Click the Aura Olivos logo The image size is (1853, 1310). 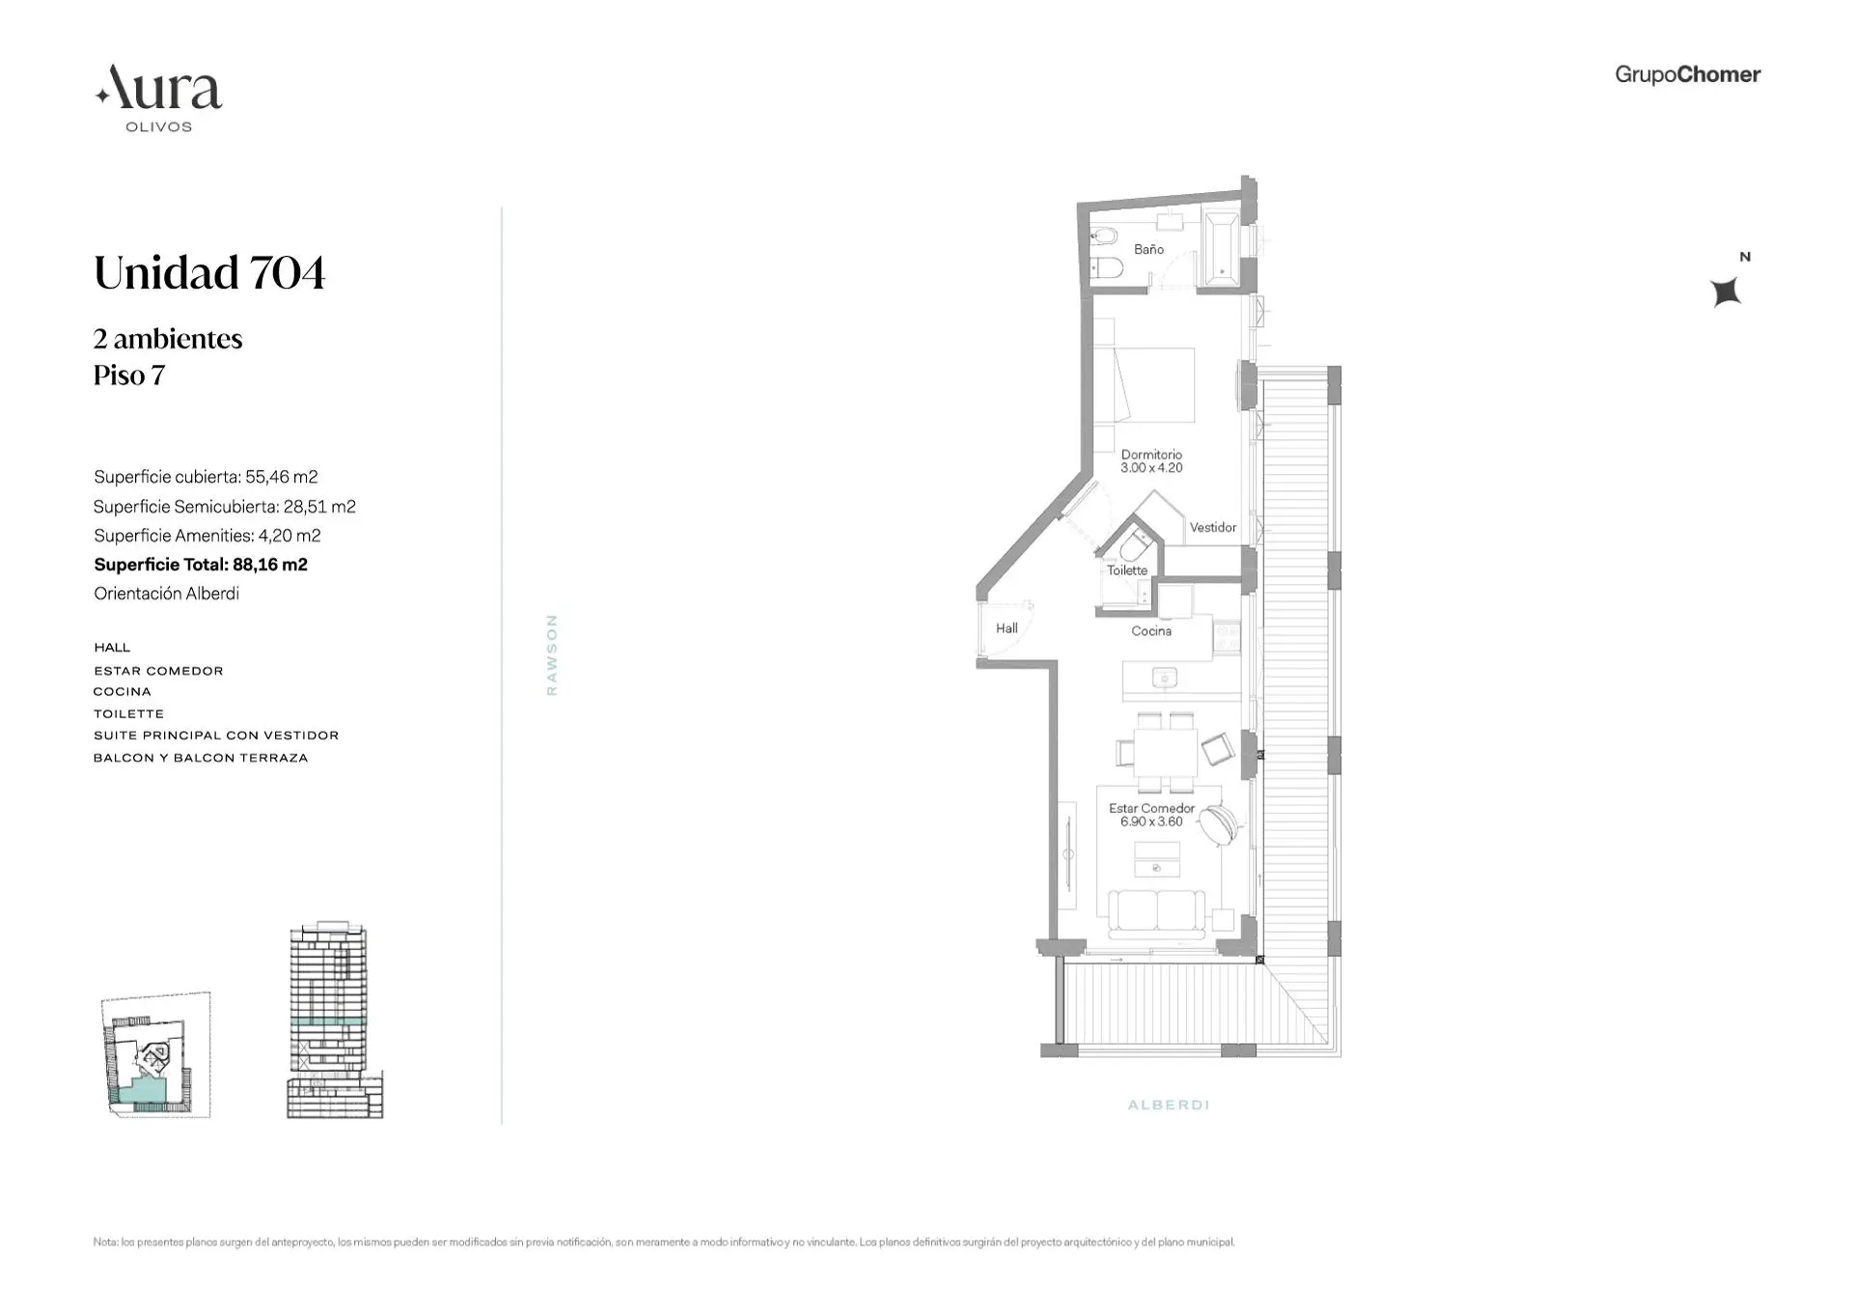[x=159, y=98]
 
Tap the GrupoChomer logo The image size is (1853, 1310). [x=1687, y=74]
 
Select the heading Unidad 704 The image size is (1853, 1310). [x=209, y=272]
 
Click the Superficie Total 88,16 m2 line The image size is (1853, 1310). [x=201, y=565]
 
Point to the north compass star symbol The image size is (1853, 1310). [x=1726, y=291]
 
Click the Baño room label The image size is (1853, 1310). [x=1148, y=249]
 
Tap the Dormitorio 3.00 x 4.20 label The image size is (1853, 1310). [x=1151, y=460]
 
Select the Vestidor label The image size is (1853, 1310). [x=1212, y=527]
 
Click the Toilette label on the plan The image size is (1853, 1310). [x=1126, y=571]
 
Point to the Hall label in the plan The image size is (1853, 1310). [x=1007, y=627]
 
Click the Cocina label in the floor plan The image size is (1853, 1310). [x=1151, y=630]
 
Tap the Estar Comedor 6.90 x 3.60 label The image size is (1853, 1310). [x=1151, y=815]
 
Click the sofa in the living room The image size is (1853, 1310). [x=1156, y=913]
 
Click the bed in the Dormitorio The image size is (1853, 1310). [x=1153, y=385]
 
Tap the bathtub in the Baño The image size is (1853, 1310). [x=1222, y=248]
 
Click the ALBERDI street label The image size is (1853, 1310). [x=1168, y=1104]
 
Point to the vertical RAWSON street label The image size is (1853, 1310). [x=552, y=655]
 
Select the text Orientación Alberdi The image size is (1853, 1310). [x=166, y=594]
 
